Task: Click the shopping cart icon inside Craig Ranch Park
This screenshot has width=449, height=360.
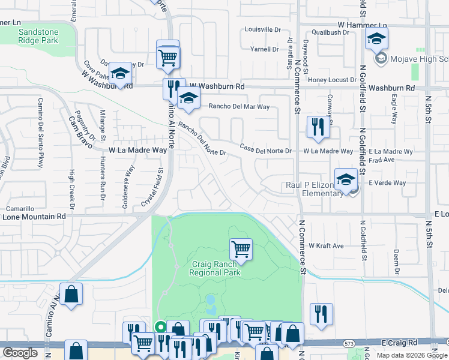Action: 241,248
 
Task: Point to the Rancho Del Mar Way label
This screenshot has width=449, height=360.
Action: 239,107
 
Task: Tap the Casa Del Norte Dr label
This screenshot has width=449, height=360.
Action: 265,148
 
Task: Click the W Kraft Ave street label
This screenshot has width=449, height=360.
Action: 326,245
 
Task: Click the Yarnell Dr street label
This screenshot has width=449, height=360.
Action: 266,49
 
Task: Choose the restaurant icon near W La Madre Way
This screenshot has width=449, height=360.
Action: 316,126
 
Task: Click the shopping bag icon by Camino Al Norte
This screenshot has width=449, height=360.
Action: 71,294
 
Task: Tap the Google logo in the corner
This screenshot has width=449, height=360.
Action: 20,353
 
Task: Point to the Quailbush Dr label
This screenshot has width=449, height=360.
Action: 330,33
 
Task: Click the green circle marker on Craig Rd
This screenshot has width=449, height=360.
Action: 160,327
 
